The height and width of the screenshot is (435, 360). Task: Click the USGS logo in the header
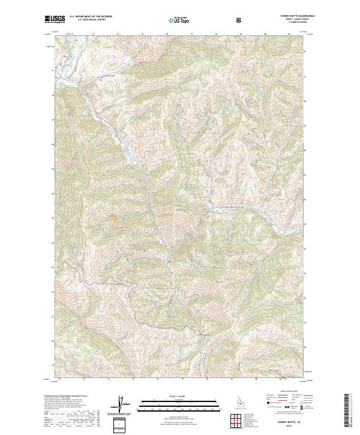pyautogui.click(x=55, y=19)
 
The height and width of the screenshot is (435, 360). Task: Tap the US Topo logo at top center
pyautogui.click(x=178, y=20)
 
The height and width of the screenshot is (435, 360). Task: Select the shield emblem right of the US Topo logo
pyautogui.click(x=241, y=20)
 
